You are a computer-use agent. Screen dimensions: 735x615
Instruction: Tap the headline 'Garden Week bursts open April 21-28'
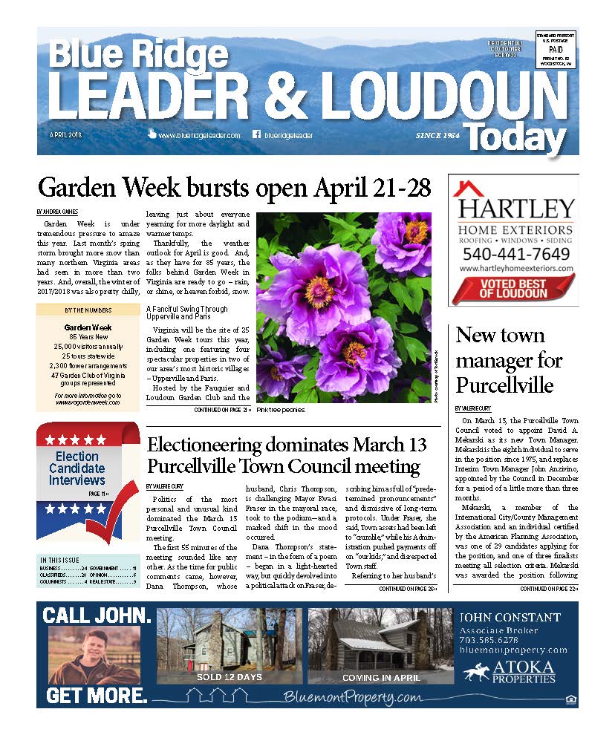(x=234, y=187)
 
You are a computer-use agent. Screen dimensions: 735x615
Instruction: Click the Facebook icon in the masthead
(x=257, y=135)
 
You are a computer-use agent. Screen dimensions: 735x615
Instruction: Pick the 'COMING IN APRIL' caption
(x=380, y=677)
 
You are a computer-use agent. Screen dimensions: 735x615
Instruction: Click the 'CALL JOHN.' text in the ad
(x=97, y=615)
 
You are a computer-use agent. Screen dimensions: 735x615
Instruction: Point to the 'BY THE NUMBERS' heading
(x=88, y=310)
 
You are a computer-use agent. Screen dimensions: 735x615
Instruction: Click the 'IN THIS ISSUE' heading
(x=62, y=559)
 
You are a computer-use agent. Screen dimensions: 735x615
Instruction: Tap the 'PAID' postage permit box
(x=556, y=47)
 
